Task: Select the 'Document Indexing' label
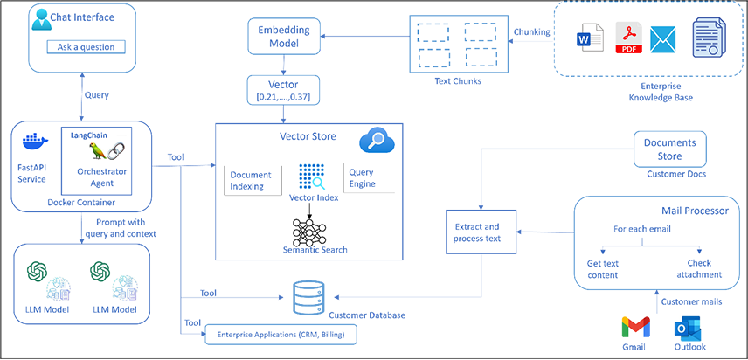[x=250, y=180]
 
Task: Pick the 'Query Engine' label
[x=361, y=177]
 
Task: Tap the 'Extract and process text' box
[x=479, y=232]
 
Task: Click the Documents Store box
[x=669, y=149]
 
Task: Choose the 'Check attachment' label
[x=699, y=268]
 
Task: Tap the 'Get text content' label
[x=602, y=268]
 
